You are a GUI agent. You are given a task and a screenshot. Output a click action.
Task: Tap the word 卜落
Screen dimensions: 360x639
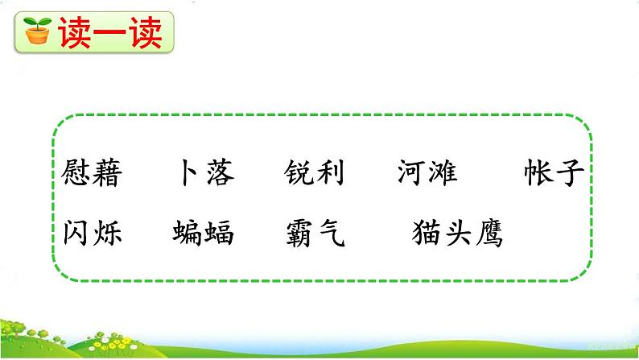click(203, 172)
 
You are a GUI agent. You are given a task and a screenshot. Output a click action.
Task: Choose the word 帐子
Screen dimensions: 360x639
click(552, 172)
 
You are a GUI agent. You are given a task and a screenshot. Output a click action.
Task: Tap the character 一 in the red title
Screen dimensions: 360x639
click(107, 32)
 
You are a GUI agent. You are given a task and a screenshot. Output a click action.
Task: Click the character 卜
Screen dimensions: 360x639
click(188, 172)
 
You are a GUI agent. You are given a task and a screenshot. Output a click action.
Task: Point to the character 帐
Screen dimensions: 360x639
click(537, 172)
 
